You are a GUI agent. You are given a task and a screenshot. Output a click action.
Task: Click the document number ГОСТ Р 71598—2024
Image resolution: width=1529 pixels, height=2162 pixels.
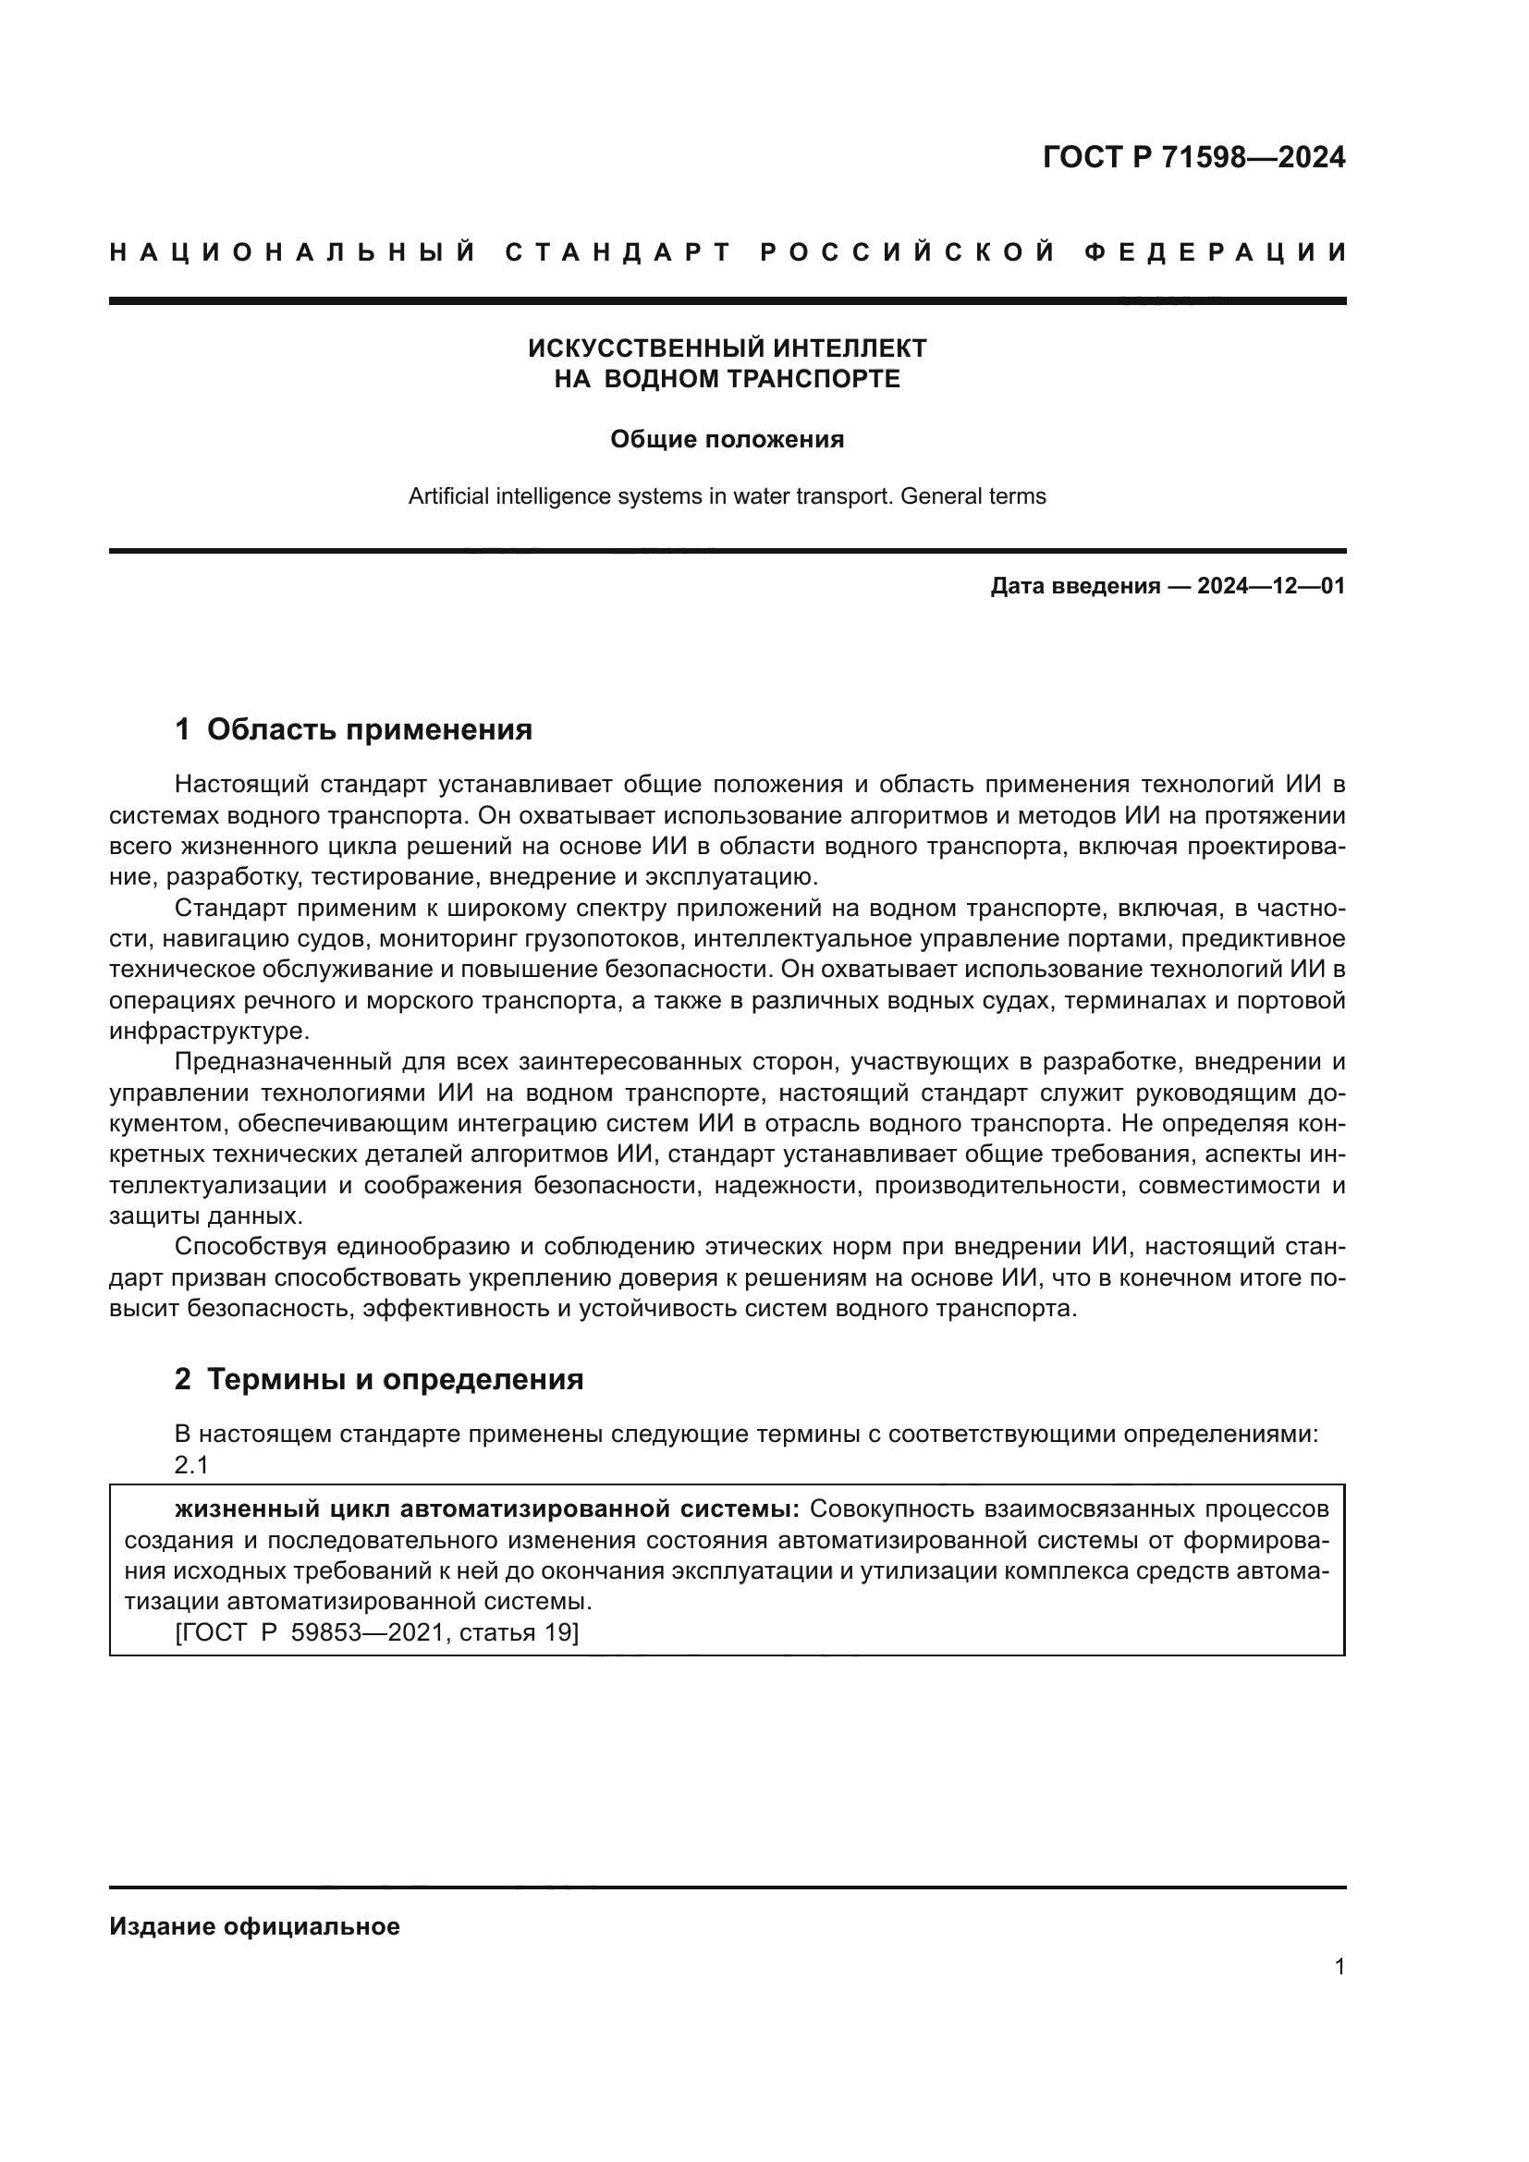(x=1193, y=157)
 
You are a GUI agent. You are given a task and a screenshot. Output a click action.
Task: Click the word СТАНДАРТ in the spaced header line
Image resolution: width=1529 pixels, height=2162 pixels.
(x=618, y=252)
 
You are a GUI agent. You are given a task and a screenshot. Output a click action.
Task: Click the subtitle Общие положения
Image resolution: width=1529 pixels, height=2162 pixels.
(x=727, y=439)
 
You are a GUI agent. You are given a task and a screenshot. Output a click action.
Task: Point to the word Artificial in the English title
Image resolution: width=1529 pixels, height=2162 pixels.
(x=449, y=496)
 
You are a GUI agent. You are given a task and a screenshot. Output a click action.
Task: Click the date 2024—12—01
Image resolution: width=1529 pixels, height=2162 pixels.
(x=1270, y=587)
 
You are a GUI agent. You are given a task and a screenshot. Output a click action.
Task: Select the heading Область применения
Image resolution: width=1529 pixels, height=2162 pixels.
(x=369, y=730)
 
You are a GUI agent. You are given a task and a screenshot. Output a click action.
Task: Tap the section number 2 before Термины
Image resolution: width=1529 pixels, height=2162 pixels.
(x=183, y=1379)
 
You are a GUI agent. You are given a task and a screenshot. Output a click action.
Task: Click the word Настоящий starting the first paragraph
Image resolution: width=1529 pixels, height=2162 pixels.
(x=242, y=785)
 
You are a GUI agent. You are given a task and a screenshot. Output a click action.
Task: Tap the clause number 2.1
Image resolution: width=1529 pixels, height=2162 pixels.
(x=191, y=1465)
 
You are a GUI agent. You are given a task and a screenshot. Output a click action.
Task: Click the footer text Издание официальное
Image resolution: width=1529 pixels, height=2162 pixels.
(x=254, y=1926)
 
